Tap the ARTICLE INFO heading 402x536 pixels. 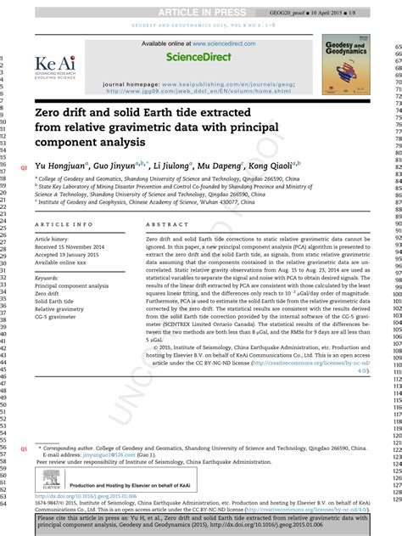coord(64,224)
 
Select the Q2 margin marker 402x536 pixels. coord(23,167)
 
